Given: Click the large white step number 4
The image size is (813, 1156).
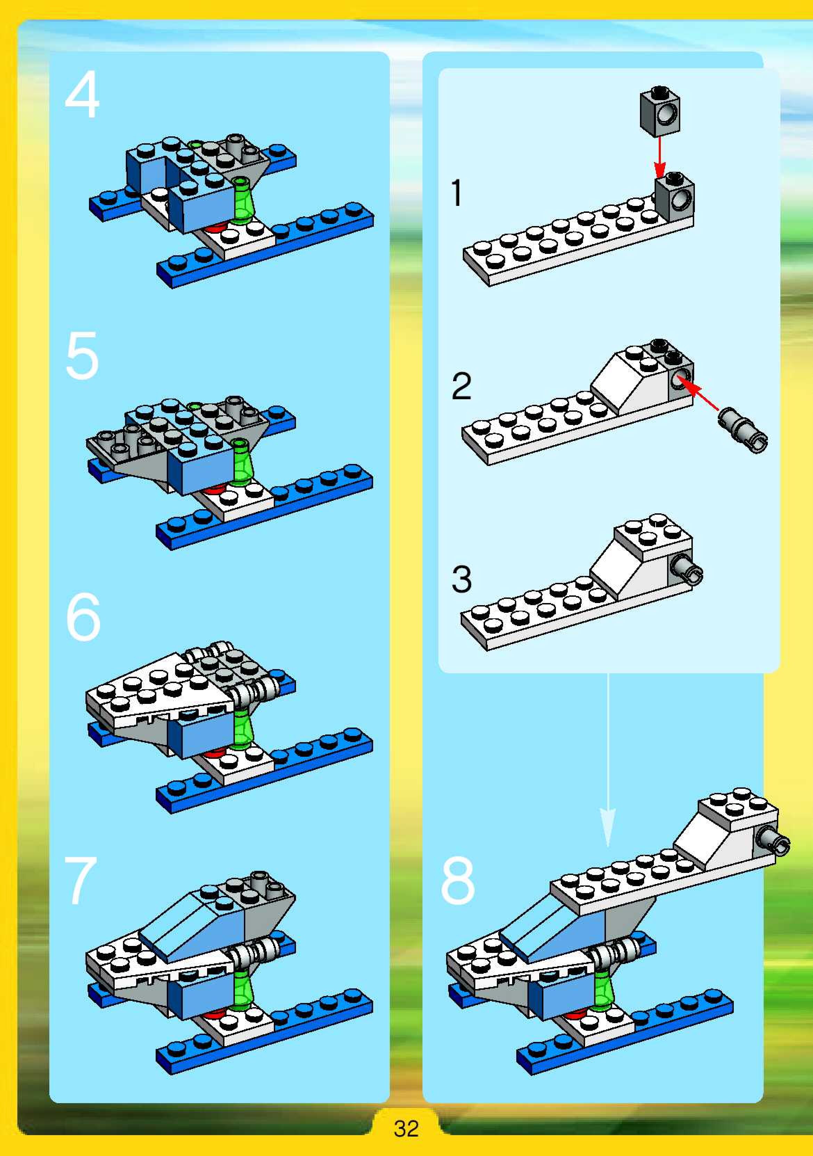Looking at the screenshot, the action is point(82,94).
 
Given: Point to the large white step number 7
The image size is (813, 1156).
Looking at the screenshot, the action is point(81,880).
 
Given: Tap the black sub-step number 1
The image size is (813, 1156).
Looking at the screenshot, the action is point(456,192).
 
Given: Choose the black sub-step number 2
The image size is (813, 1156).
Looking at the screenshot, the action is point(461,386).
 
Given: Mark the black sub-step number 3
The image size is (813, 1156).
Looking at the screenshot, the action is point(461,579).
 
